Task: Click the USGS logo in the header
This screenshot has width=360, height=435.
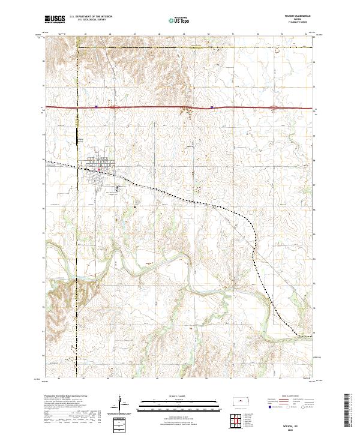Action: pyautogui.click(x=55, y=19)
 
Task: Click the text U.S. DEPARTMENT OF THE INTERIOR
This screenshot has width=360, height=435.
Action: pyautogui.click(x=91, y=17)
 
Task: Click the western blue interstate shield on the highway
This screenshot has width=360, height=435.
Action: pyautogui.click(x=96, y=108)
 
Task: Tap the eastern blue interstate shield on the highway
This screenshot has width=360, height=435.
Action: pyautogui.click(x=212, y=108)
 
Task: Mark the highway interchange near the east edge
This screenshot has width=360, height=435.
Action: pyautogui.click(x=274, y=108)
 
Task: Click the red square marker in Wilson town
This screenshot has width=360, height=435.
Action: pyautogui.click(x=98, y=170)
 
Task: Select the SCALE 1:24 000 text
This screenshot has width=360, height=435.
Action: pyautogui.click(x=180, y=397)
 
